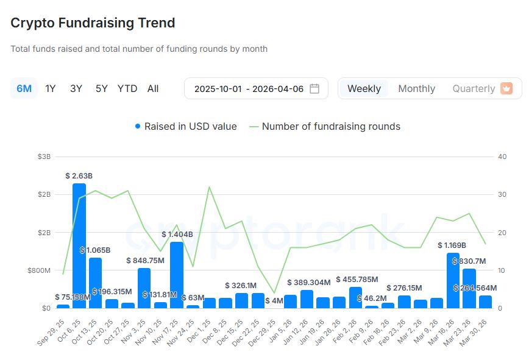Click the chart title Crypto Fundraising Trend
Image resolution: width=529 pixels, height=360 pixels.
coord(93,23)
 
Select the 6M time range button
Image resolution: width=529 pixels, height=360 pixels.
coord(24,88)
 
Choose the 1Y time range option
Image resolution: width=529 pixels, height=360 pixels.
coord(51,88)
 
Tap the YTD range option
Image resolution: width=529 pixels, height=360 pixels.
coord(127,88)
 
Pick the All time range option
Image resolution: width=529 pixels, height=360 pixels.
coord(153,88)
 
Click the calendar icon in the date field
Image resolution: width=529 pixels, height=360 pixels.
coord(314,88)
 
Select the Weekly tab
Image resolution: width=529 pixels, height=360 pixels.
coord(364,88)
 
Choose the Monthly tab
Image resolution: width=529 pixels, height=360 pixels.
coord(416,88)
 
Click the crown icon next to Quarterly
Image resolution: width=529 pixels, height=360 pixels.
coord(506,88)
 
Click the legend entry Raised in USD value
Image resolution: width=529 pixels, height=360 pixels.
coord(186,126)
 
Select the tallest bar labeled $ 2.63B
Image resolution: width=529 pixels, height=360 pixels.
coord(79,244)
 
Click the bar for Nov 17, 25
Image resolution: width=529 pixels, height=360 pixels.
coord(177,274)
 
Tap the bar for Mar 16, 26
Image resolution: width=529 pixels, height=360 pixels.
coord(453,280)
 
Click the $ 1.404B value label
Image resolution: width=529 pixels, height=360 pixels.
coord(177,234)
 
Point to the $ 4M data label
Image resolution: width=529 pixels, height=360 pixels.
coord(274,300)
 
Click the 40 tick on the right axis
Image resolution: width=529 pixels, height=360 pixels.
coord(502,157)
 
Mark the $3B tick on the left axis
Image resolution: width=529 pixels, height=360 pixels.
coord(44,157)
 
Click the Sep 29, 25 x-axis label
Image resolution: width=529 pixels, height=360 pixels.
coord(52,331)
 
